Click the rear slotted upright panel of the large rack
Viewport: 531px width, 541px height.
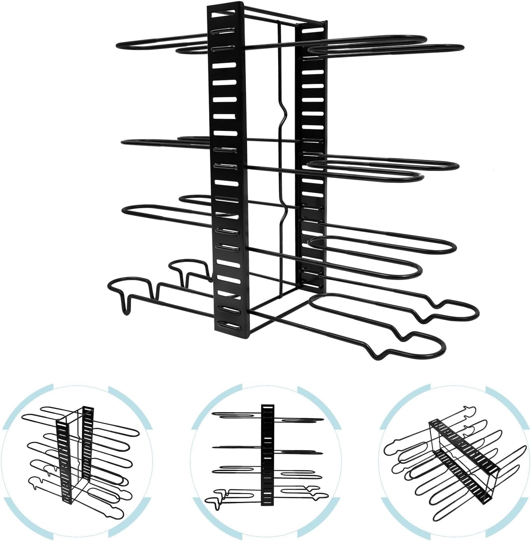click(x=311, y=151)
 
